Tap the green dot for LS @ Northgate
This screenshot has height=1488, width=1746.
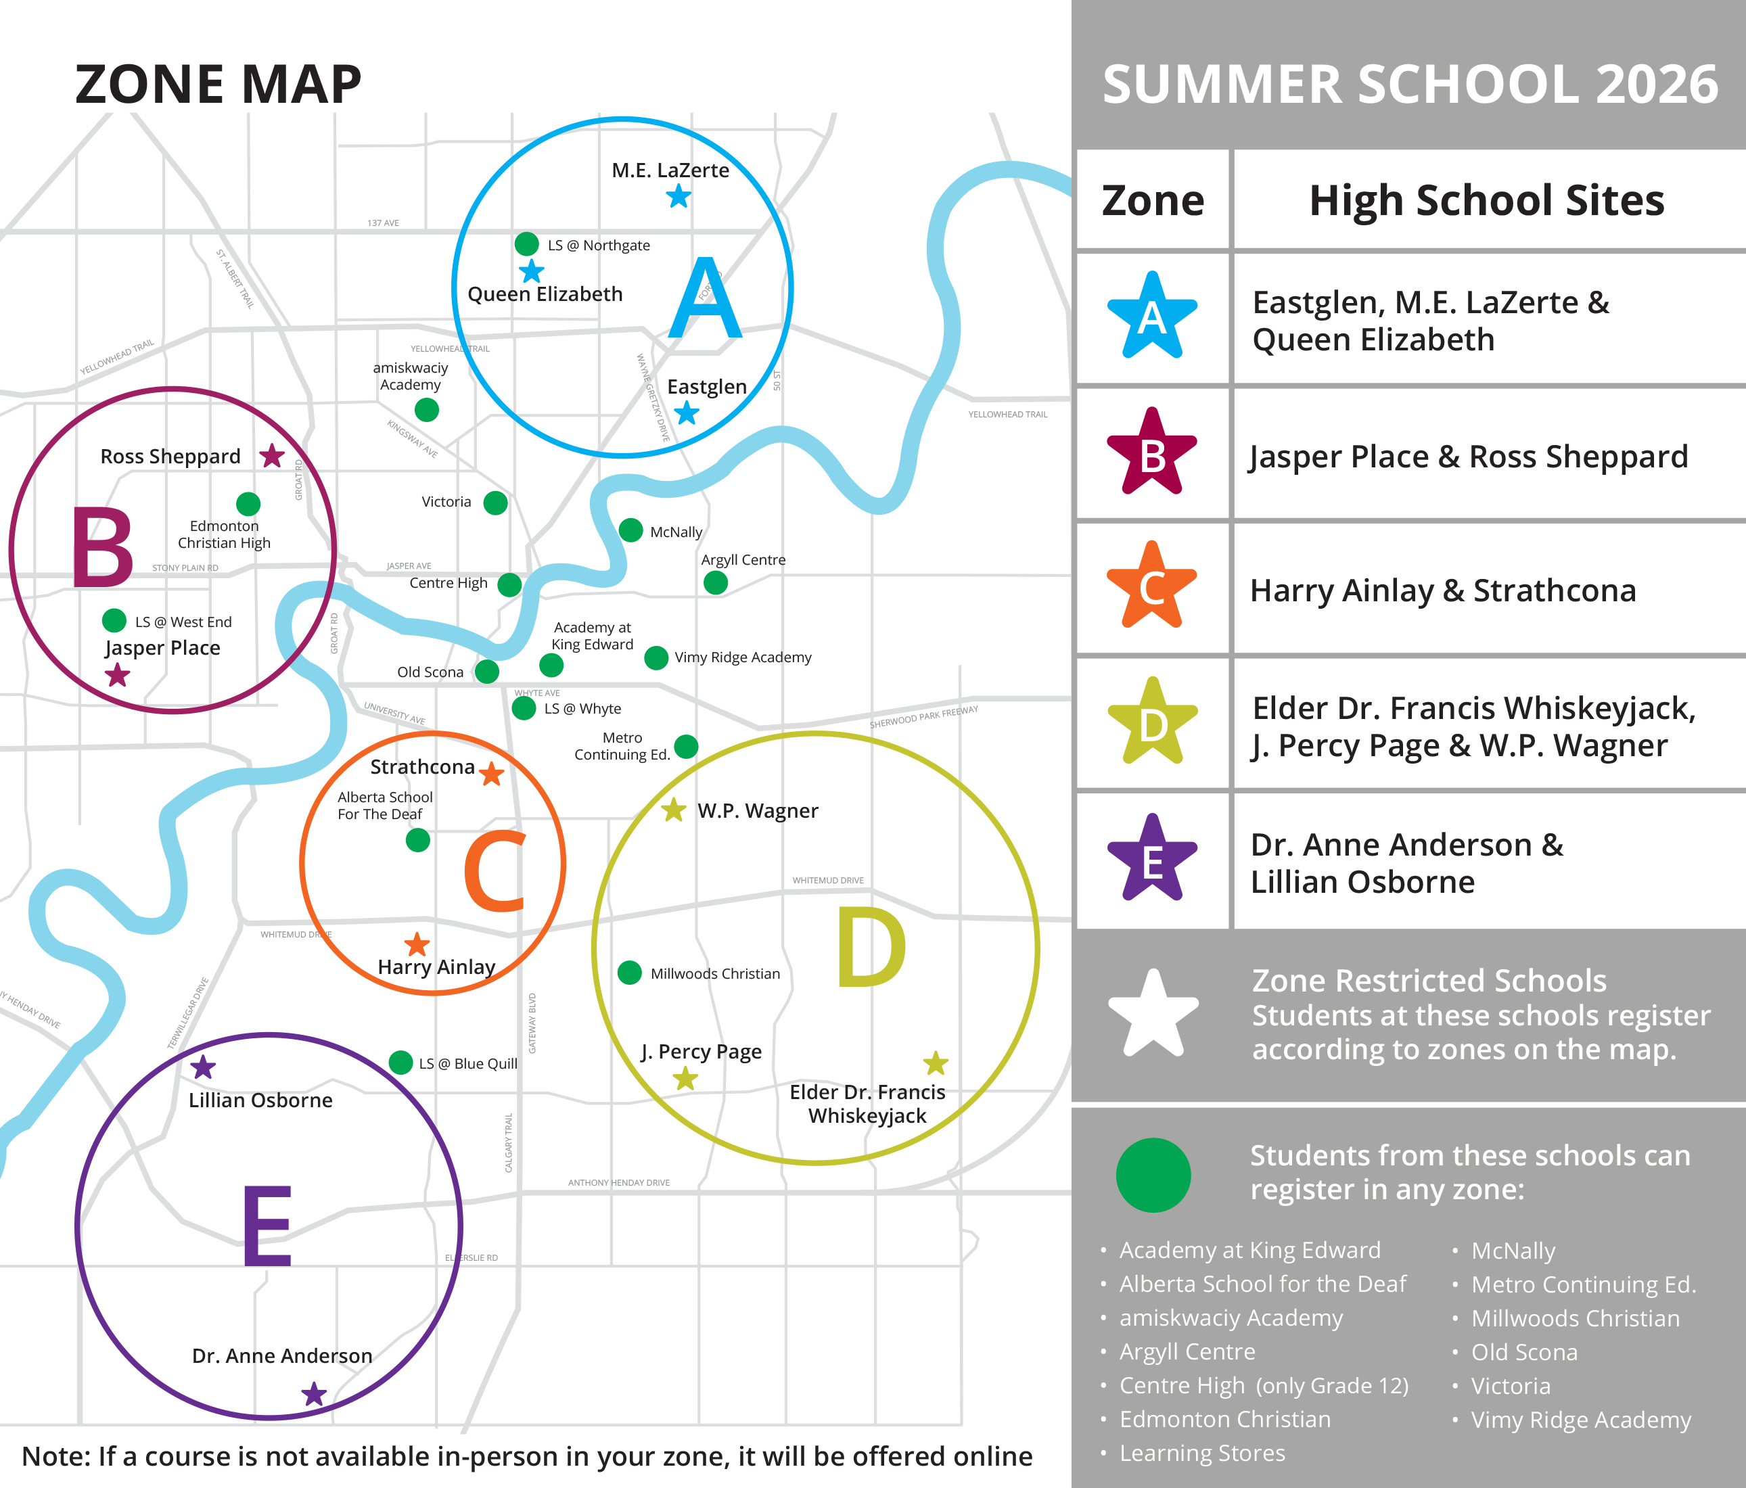[x=527, y=244]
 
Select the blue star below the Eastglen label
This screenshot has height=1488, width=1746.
[x=687, y=413]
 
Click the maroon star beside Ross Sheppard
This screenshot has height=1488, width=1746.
[x=271, y=456]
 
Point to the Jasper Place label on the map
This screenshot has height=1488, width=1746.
[x=162, y=648]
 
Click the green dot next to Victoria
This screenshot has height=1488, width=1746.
[x=495, y=503]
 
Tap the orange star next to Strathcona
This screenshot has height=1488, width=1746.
[x=492, y=772]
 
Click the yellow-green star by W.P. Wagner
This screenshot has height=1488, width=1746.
[x=673, y=810]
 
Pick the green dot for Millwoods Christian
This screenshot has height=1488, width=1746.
[x=630, y=973]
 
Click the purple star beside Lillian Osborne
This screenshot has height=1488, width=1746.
[x=203, y=1067]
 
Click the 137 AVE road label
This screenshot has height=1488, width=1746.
[x=384, y=223]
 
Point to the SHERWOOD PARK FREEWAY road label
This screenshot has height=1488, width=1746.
[x=923, y=717]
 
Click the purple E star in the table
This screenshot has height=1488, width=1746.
[x=1152, y=860]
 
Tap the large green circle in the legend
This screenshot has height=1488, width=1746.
[x=1153, y=1176]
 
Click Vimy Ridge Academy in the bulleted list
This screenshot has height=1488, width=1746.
[x=1580, y=1420]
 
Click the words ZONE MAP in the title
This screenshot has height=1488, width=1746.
[x=219, y=85]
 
